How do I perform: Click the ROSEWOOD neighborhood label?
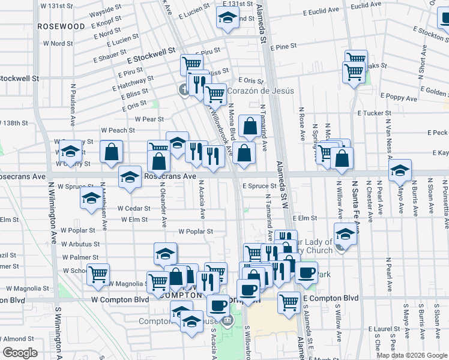point(61,27)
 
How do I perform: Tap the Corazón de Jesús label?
point(259,91)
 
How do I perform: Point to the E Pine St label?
point(283,47)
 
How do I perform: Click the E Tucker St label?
point(374,113)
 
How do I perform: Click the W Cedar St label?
point(134,209)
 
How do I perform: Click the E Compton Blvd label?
point(331,298)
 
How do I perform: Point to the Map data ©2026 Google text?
point(412,355)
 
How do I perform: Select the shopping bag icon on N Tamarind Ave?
point(250,127)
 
